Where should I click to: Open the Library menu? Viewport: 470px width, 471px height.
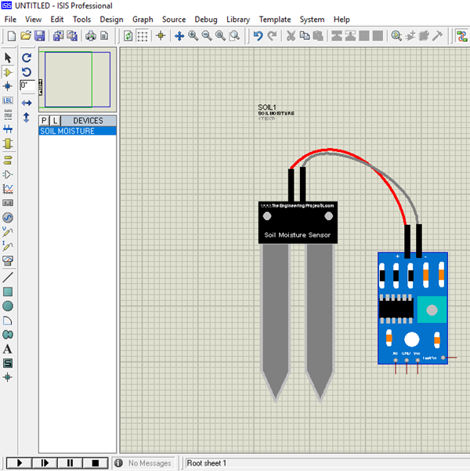237,20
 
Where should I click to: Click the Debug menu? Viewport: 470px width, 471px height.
206,20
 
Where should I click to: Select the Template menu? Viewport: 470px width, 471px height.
274,20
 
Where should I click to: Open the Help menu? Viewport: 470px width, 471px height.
342,20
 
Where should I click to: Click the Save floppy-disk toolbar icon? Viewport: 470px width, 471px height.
39,36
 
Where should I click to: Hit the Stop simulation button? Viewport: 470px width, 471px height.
95,463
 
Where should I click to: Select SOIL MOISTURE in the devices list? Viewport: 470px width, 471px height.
67,131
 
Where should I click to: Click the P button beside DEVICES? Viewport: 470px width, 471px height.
45,121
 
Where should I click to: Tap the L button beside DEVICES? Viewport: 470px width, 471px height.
55,121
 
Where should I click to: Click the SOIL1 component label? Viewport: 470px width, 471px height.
267,107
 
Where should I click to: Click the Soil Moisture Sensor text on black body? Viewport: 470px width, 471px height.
298,234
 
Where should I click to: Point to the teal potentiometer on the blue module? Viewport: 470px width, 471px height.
429,309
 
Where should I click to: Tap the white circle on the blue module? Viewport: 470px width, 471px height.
410,339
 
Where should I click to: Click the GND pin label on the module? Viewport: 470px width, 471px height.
406,353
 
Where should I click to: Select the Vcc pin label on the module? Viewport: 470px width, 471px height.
418,353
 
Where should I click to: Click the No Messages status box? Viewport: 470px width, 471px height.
149,463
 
